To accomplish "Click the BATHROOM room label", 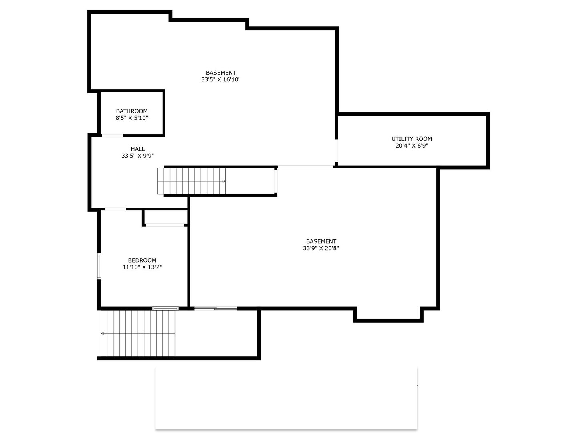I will click(x=132, y=111).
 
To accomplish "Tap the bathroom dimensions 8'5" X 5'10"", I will click(x=132, y=118).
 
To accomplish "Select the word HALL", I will click(x=137, y=149).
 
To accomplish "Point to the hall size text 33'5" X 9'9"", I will click(x=137, y=156).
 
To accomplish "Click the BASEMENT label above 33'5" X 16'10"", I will click(x=221, y=73).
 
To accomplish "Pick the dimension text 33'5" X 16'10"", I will click(x=221, y=79).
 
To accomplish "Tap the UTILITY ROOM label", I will click(x=412, y=139).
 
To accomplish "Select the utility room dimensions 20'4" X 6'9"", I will click(x=412, y=146).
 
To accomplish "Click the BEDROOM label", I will click(x=142, y=260).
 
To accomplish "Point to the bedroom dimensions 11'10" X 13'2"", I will click(x=142, y=267).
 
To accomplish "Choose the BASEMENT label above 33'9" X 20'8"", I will click(x=321, y=241).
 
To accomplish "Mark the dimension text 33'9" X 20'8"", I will click(x=321, y=248).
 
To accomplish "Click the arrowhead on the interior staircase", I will click(x=224, y=181).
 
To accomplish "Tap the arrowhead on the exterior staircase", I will click(x=103, y=334).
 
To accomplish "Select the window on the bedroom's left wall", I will click(x=99, y=266).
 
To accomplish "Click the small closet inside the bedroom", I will click(x=165, y=217).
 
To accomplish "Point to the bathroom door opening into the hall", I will click(x=112, y=136).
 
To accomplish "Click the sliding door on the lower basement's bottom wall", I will click(x=216, y=308).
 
